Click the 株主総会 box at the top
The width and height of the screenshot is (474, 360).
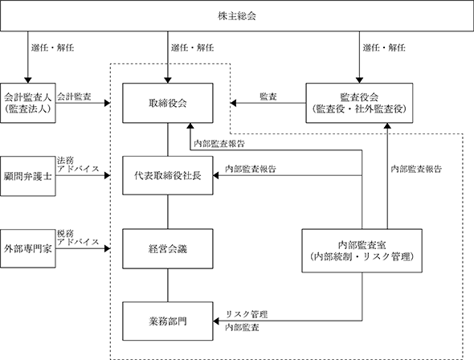237,16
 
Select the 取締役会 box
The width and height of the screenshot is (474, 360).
167,103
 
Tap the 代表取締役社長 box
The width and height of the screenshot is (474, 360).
167,175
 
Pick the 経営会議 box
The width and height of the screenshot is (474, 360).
167,248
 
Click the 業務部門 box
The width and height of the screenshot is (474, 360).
167,321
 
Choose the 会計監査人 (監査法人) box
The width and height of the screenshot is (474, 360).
28,103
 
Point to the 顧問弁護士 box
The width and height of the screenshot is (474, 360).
28,176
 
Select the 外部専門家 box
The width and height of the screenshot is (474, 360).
28,248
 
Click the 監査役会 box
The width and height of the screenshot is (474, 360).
359,103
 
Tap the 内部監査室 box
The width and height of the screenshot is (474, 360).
362,251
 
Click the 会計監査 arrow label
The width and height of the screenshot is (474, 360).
74,96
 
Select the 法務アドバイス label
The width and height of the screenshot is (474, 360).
78,165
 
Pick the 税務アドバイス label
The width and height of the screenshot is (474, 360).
78,238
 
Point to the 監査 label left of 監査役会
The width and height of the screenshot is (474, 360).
268,96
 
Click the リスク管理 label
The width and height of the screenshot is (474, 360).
247,314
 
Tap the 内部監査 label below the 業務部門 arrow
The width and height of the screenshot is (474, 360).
242,327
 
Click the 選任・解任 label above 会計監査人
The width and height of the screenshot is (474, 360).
52,47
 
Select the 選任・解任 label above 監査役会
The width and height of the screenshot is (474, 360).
384,47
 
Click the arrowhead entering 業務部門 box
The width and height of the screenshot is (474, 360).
216,321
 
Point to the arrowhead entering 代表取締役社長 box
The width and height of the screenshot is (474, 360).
216,175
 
